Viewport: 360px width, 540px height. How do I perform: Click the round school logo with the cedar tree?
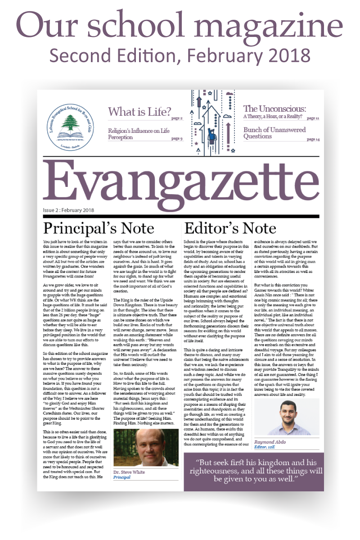pyautogui.click(x=69, y=121)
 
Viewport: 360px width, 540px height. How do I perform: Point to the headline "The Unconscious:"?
pyautogui.click(x=274, y=109)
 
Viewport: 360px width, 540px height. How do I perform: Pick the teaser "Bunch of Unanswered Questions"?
pyautogui.click(x=274, y=133)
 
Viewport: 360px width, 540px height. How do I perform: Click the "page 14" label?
pyautogui.click(x=313, y=140)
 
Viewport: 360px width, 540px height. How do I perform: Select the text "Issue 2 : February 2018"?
pyautogui.click(x=68, y=210)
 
